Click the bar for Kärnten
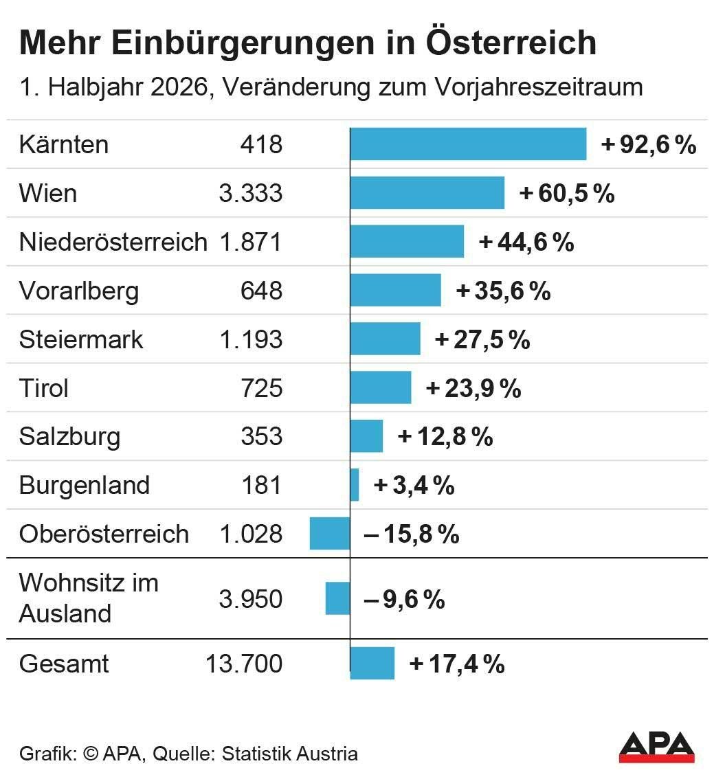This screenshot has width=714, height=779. tap(468, 144)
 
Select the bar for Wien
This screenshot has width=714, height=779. tap(427, 193)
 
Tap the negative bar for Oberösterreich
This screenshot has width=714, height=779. tap(330, 534)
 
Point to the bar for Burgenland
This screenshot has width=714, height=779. tap(355, 485)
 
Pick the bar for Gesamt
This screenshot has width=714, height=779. tap(372, 663)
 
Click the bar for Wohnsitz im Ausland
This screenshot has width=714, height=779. tap(338, 598)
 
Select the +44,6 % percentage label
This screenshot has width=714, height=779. tap(526, 242)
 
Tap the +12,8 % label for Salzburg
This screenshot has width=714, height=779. tap(445, 437)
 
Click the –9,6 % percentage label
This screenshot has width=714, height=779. tap(405, 599)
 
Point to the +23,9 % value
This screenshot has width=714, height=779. tap(473, 388)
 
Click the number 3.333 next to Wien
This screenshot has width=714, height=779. tap(251, 193)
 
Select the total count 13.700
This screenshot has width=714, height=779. tap(244, 664)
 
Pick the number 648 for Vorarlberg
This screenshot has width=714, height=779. tap(261, 290)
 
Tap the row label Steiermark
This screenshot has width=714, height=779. tap(81, 340)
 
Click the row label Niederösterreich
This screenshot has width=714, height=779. tap(113, 242)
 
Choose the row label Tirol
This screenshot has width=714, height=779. tap(44, 388)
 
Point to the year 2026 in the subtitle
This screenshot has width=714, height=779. tap(179, 87)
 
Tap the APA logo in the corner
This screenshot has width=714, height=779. tap(656, 747)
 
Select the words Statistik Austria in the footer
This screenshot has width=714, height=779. tap(290, 753)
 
